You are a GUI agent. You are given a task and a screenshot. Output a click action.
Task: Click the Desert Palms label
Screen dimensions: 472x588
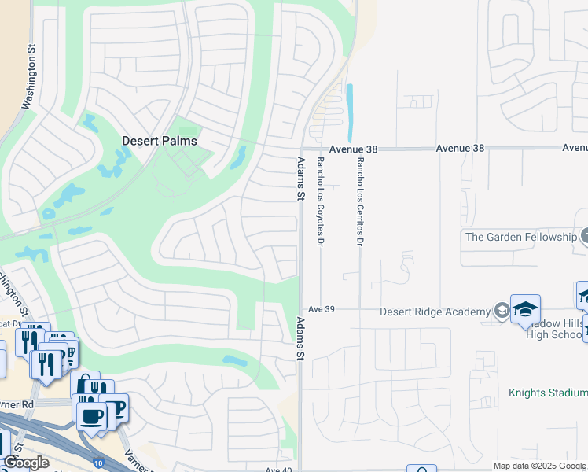tap(158, 141)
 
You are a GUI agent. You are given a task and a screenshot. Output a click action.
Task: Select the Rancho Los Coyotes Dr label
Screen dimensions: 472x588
tap(320, 201)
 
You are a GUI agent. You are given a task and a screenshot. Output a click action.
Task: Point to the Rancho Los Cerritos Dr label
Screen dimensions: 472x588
tap(360, 201)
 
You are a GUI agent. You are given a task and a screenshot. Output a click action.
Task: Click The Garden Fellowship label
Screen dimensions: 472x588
tap(520, 236)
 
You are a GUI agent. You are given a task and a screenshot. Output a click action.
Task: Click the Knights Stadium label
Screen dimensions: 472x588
tap(547, 393)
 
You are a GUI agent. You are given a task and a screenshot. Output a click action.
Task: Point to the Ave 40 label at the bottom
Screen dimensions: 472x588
tap(278, 470)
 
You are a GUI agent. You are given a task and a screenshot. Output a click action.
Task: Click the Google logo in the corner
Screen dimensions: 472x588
tap(26, 463)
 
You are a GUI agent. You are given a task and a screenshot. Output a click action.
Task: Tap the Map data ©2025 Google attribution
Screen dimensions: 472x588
tap(539, 466)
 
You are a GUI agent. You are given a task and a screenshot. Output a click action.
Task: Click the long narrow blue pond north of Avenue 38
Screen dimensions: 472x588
tap(349, 113)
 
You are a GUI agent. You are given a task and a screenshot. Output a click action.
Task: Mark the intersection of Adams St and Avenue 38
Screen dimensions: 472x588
tap(300, 148)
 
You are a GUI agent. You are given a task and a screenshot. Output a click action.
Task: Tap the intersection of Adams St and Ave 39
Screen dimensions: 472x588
tap(300, 309)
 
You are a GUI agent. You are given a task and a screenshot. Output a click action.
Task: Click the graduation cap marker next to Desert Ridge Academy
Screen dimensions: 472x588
tap(525, 310)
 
